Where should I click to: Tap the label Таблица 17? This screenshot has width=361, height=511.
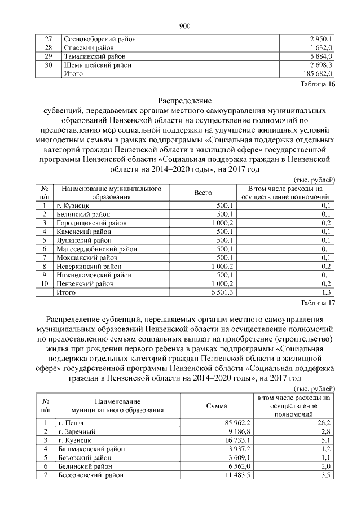click(x=318, y=303)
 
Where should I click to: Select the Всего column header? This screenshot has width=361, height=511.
click(x=202, y=193)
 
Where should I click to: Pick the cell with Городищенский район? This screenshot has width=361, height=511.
click(x=92, y=223)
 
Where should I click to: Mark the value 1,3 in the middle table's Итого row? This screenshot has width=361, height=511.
click(x=325, y=292)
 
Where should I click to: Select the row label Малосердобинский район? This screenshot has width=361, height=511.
click(x=96, y=249)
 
